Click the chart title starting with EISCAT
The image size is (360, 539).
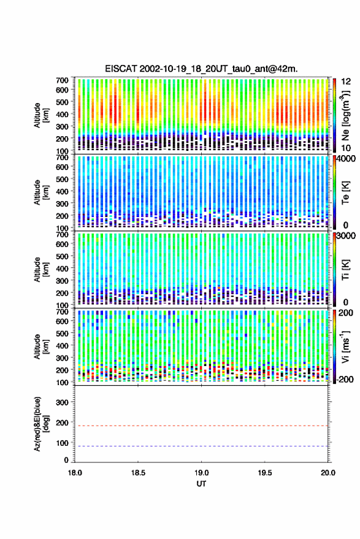(x=201, y=69)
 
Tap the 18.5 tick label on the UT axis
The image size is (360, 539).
(x=138, y=473)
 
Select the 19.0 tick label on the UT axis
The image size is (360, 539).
(x=201, y=473)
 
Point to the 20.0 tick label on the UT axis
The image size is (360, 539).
(x=328, y=473)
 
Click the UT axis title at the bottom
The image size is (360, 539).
(x=201, y=484)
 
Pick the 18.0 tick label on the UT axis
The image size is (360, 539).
(x=75, y=473)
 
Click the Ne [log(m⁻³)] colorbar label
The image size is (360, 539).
(x=346, y=115)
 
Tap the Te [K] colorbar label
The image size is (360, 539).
(x=345, y=193)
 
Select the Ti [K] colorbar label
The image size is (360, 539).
(x=345, y=270)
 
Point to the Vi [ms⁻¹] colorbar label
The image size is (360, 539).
(x=345, y=346)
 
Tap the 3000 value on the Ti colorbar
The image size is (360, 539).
(x=346, y=235)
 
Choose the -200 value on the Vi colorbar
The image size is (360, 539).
(x=345, y=379)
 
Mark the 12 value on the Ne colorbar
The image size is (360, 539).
(x=346, y=82)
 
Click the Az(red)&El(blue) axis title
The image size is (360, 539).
(x=40, y=424)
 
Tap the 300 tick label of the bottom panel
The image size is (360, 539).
(x=62, y=402)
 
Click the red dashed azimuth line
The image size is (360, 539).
(x=201, y=426)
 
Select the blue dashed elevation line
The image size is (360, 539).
(x=201, y=446)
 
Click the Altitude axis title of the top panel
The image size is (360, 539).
(x=40, y=115)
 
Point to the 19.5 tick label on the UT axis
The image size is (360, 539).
(x=264, y=473)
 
